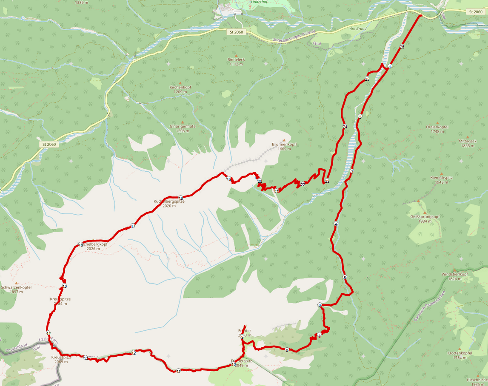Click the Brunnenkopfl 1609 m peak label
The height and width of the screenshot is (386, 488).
285,147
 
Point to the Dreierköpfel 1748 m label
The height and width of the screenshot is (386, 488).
437,129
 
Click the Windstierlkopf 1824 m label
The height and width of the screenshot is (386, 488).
455,276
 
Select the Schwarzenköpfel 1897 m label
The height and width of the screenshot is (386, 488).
16,289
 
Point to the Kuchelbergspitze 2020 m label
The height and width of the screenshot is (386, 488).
169,204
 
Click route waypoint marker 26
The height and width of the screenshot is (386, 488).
402,46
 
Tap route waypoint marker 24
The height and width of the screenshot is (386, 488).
345,127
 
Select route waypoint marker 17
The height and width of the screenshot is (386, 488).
133,226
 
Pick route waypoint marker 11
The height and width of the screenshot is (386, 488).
178,371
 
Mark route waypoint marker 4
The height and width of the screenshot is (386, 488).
336,224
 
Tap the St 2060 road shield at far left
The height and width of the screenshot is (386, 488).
49,144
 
